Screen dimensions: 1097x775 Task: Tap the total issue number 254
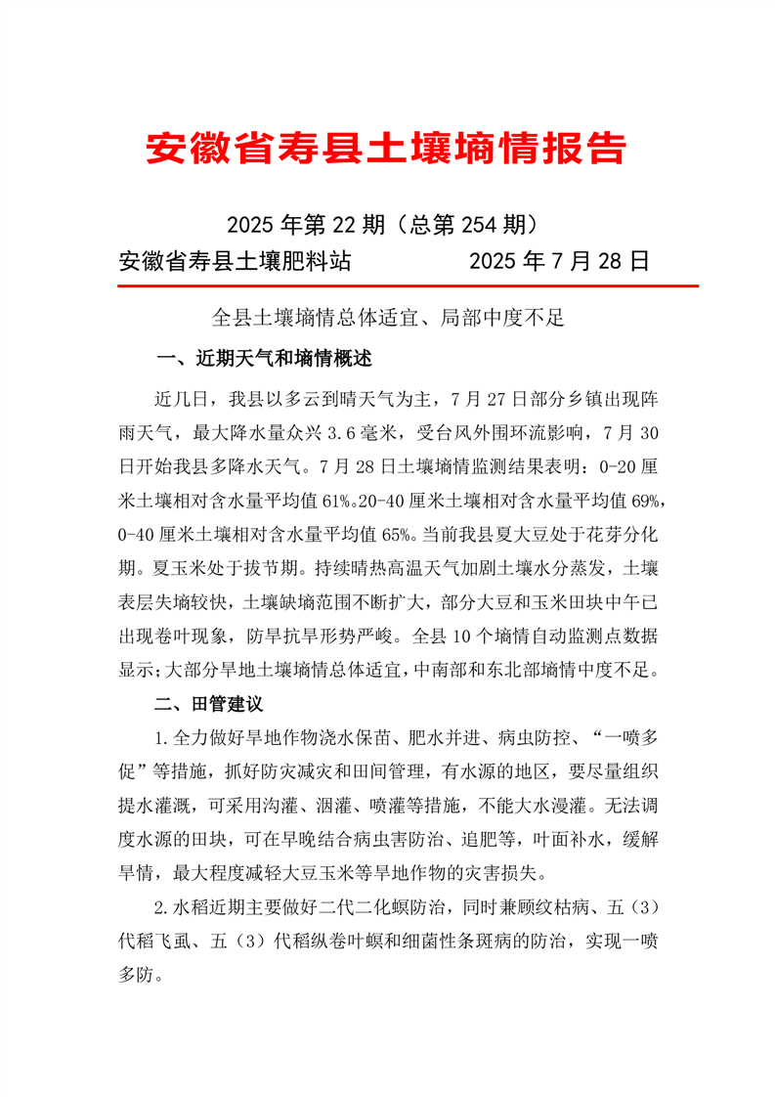tap(481, 225)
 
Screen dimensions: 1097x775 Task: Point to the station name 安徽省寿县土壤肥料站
tap(236, 261)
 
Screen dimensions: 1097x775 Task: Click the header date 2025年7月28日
tap(559, 261)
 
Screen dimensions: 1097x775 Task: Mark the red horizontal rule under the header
tap(407, 286)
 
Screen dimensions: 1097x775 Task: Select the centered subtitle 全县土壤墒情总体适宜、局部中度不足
tap(388, 318)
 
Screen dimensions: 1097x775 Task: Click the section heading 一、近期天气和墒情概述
tap(264, 359)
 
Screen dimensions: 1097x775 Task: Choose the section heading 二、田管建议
tap(209, 704)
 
